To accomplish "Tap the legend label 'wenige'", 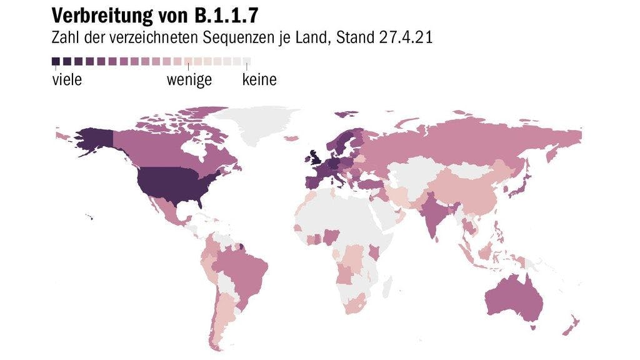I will [x=189, y=80].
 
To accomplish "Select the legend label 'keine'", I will [x=259, y=80].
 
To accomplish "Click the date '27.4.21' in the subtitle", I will [x=406, y=37].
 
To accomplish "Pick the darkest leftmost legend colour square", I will [x=56, y=62].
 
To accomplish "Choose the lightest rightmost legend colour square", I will [x=247, y=62].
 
